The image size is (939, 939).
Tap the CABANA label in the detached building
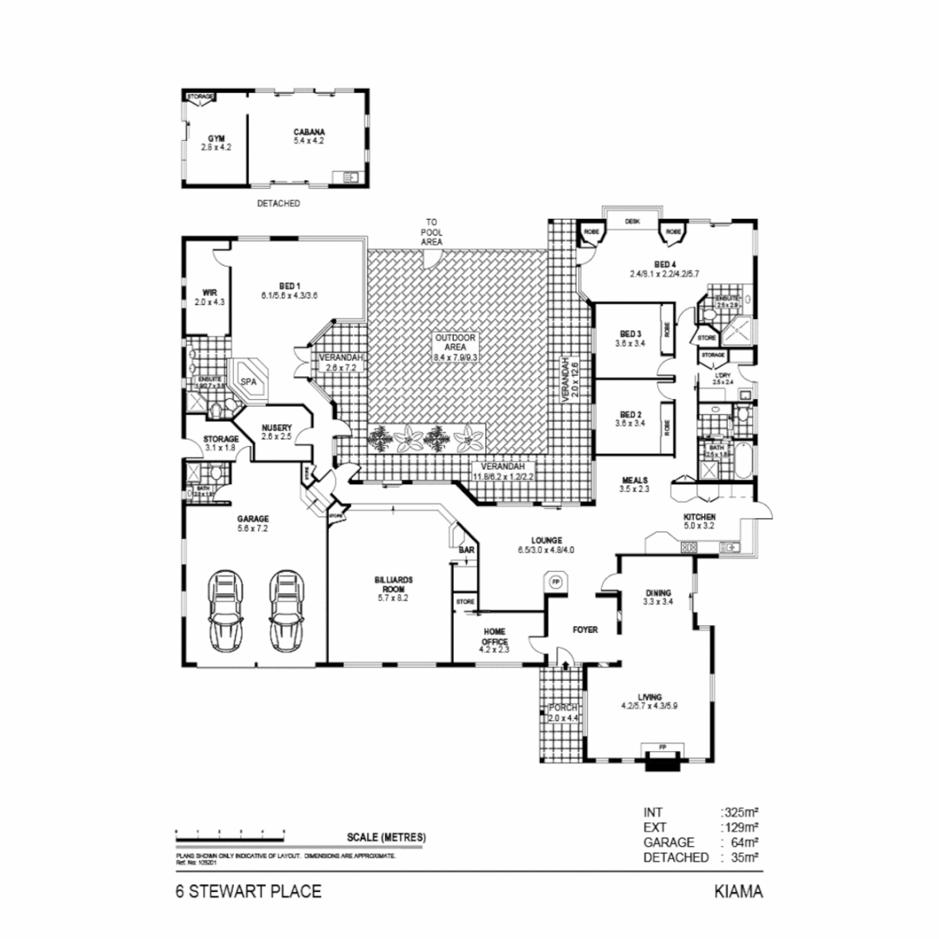pyautogui.click(x=309, y=132)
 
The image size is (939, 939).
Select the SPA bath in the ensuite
pyautogui.click(x=249, y=382)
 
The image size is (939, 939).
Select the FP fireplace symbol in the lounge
pyautogui.click(x=554, y=581)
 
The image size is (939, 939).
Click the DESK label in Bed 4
pyautogui.click(x=632, y=222)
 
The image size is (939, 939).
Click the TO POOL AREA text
pyautogui.click(x=432, y=232)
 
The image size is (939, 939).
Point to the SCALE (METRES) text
pyautogui.click(x=386, y=837)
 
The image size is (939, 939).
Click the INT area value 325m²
pyautogui.click(x=741, y=813)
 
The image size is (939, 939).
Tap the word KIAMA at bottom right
pyautogui.click(x=738, y=891)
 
